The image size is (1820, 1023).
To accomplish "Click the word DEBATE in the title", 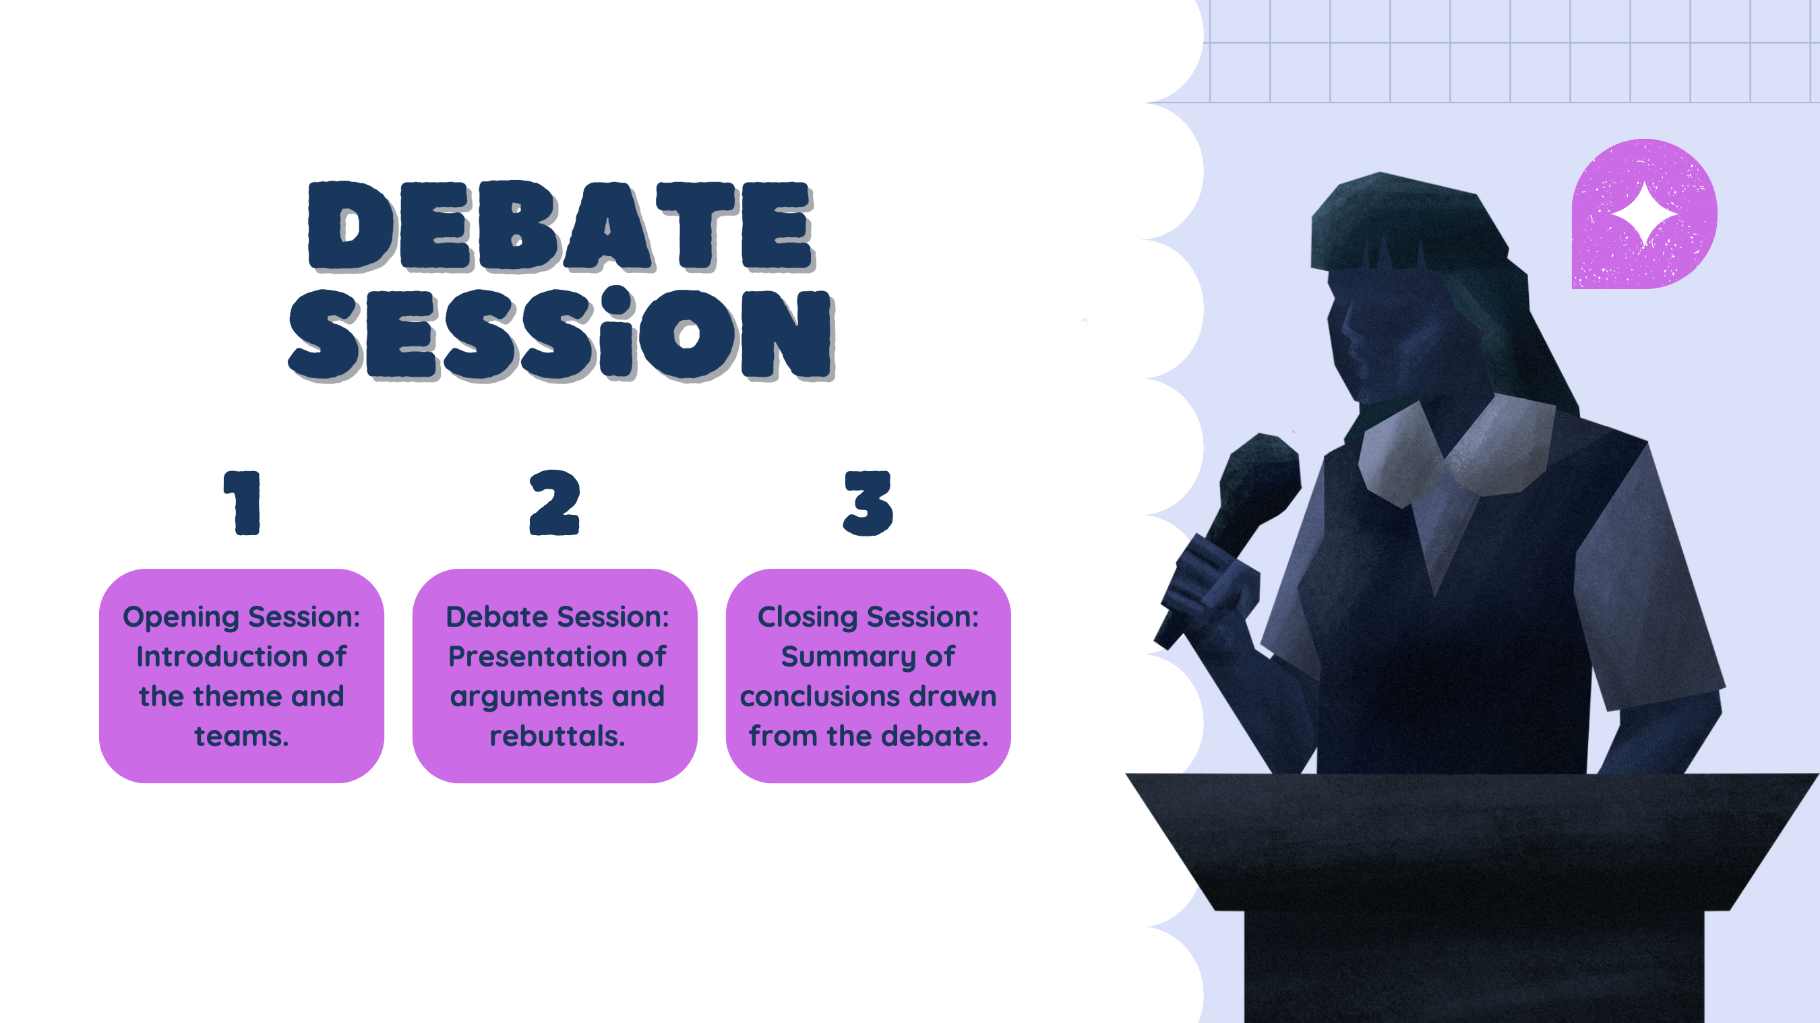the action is point(562,226).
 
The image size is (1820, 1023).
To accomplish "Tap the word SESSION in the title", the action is point(562,334).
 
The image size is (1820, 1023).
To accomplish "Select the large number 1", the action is point(243,502).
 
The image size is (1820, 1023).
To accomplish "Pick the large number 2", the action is point(555,501).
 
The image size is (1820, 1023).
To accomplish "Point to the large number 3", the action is point(868,502).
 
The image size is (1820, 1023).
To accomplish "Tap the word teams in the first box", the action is point(241,736).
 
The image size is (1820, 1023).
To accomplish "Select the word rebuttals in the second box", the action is point(557,736).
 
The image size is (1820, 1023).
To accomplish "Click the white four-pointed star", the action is point(1644,214).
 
